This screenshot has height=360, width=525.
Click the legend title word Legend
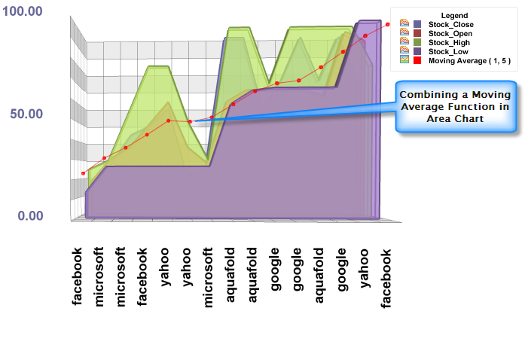453,15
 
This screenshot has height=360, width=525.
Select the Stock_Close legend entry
450,25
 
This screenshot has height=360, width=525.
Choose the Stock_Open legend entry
450,34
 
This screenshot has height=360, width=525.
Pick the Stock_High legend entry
450,43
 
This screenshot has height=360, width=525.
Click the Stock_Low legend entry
448,52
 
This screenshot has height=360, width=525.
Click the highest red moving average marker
388,24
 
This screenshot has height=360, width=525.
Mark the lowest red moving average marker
83,173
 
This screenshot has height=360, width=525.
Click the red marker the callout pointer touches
191,121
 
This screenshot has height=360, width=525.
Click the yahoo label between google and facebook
364,267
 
